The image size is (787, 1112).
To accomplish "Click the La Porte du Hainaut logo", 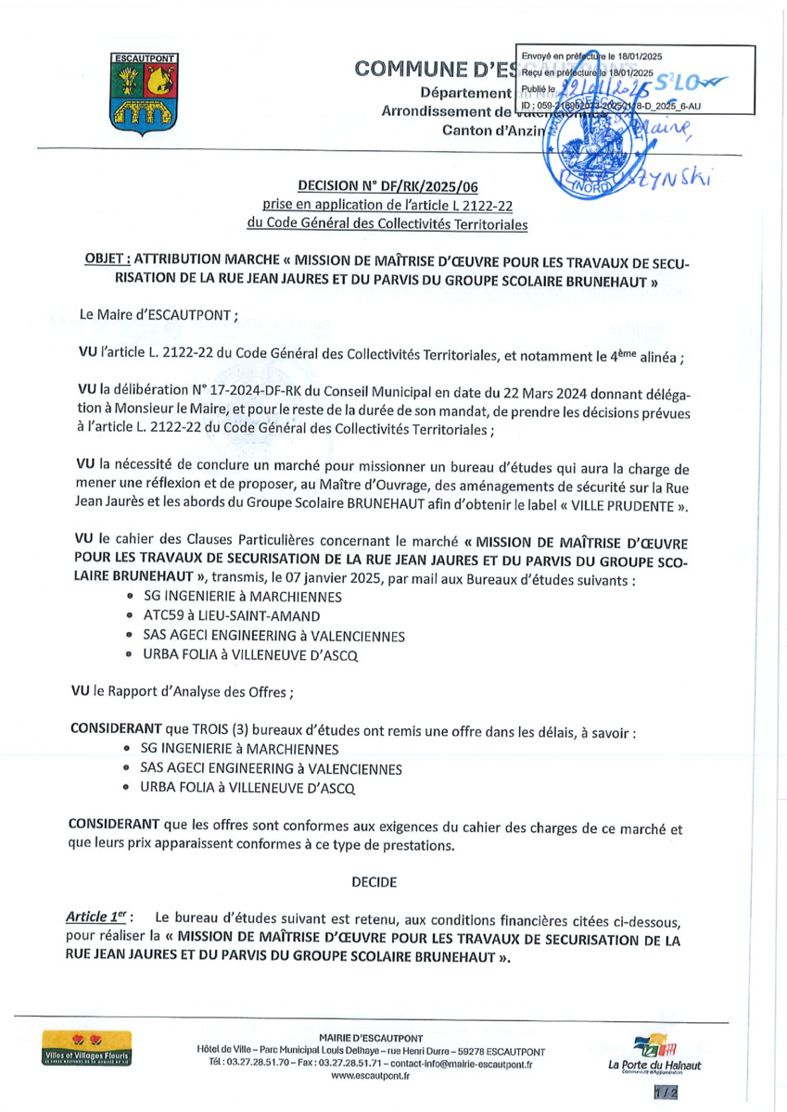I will coord(654,1054).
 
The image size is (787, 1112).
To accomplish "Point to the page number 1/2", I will coord(666,1093).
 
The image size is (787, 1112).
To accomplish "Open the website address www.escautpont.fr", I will coord(370,1076).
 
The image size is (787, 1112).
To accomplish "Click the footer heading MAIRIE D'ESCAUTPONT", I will coord(370,1037).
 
